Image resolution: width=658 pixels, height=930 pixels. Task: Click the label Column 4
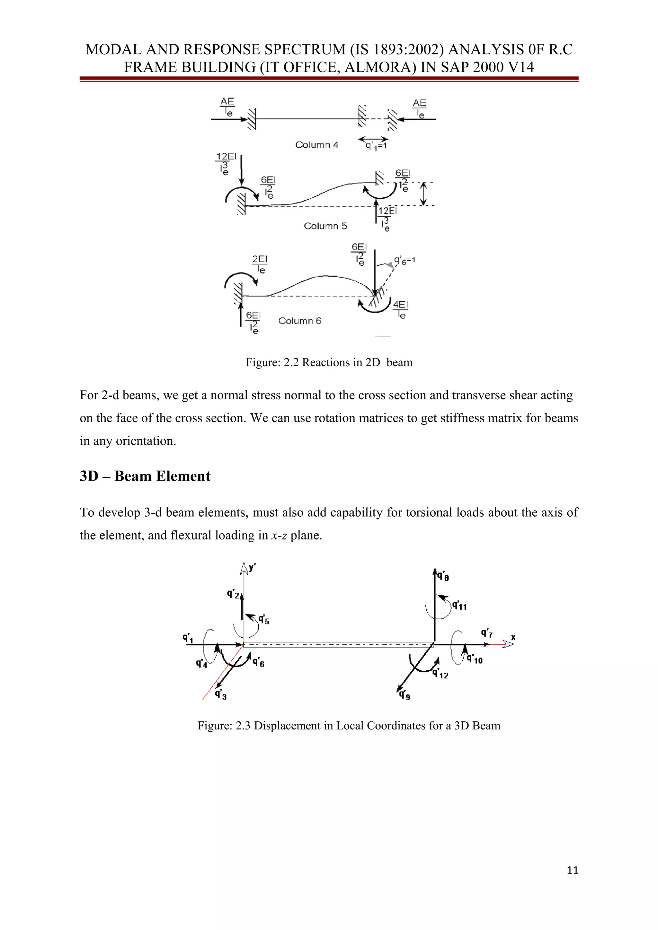[317, 145]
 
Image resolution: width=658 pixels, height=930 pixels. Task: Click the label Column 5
[325, 226]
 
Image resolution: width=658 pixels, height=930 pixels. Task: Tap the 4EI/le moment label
[401, 309]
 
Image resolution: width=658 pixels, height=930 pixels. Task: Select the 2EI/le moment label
[260, 264]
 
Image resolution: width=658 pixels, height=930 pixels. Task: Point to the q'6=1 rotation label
[405, 260]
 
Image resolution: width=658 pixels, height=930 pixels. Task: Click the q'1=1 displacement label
[376, 145]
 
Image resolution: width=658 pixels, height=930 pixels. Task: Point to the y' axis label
[252, 567]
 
